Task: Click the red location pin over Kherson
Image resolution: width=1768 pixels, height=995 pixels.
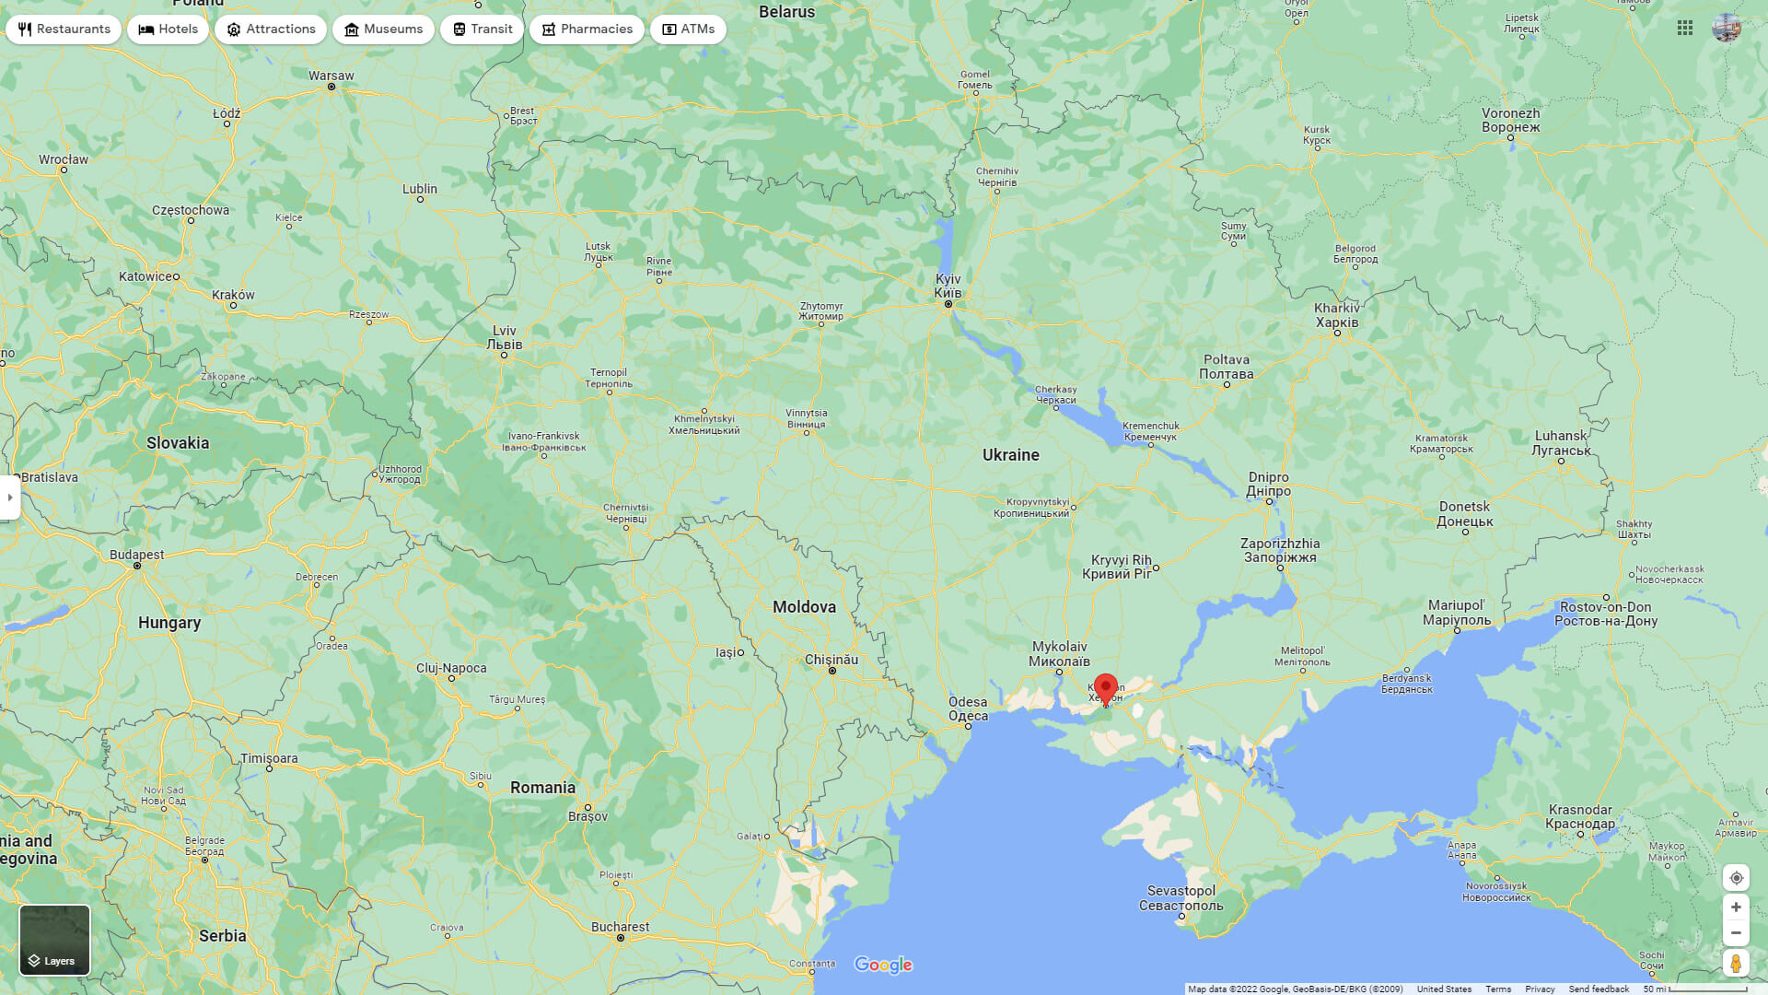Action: pyautogui.click(x=1105, y=688)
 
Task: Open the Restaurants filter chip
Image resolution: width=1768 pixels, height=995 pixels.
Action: pyautogui.click(x=64, y=29)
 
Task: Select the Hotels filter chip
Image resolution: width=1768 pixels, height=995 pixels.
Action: pyautogui.click(x=169, y=29)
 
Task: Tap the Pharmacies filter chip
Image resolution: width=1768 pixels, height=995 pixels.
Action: pyautogui.click(x=587, y=29)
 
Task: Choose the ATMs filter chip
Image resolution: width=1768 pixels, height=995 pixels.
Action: pyautogui.click(x=688, y=29)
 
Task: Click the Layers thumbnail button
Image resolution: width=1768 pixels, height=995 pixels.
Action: pyautogui.click(x=55, y=940)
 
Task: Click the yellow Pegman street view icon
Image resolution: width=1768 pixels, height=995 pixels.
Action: pyautogui.click(x=1735, y=963)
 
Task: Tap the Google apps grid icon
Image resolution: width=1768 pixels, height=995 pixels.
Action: pyautogui.click(x=1685, y=29)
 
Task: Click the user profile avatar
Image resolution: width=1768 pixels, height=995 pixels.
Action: pyautogui.click(x=1727, y=28)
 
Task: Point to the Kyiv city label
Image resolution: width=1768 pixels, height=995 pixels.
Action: pyautogui.click(x=948, y=286)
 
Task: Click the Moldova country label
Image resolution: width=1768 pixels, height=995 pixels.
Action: pyautogui.click(x=804, y=607)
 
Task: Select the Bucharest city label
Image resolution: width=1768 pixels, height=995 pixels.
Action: pyautogui.click(x=620, y=927)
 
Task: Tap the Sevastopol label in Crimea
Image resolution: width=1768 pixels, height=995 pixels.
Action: pyautogui.click(x=1181, y=898)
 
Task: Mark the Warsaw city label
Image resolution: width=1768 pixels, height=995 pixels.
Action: pyautogui.click(x=331, y=76)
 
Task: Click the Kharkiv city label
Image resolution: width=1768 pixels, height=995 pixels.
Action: pyautogui.click(x=1337, y=315)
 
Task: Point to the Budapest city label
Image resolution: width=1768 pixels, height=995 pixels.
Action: pyautogui.click(x=137, y=555)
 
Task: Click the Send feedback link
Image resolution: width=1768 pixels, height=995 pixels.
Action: pyautogui.click(x=1599, y=989)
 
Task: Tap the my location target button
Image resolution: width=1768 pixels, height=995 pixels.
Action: pyautogui.click(x=1735, y=877)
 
